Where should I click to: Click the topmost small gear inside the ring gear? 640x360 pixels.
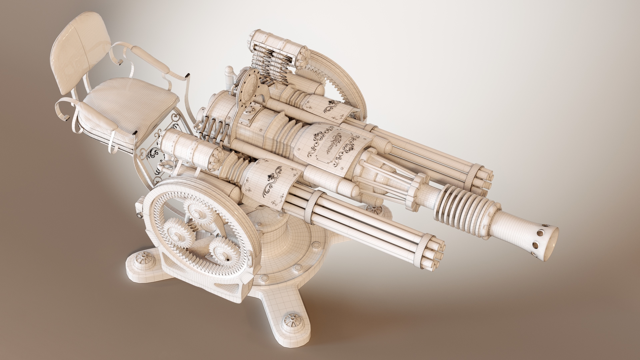[200, 213]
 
